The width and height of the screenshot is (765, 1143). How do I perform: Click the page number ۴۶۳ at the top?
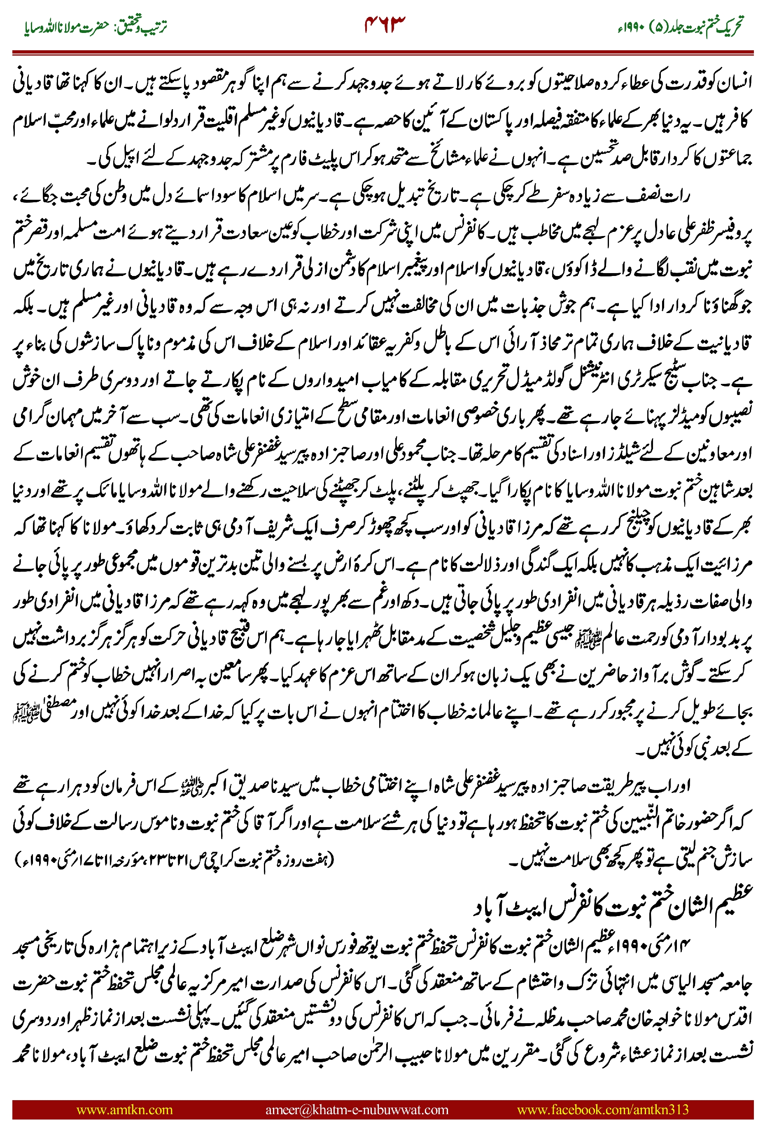click(385, 23)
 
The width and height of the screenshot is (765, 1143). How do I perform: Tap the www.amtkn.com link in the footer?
click(124, 1109)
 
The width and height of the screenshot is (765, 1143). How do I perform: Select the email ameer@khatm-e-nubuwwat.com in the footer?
click(357, 1109)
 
